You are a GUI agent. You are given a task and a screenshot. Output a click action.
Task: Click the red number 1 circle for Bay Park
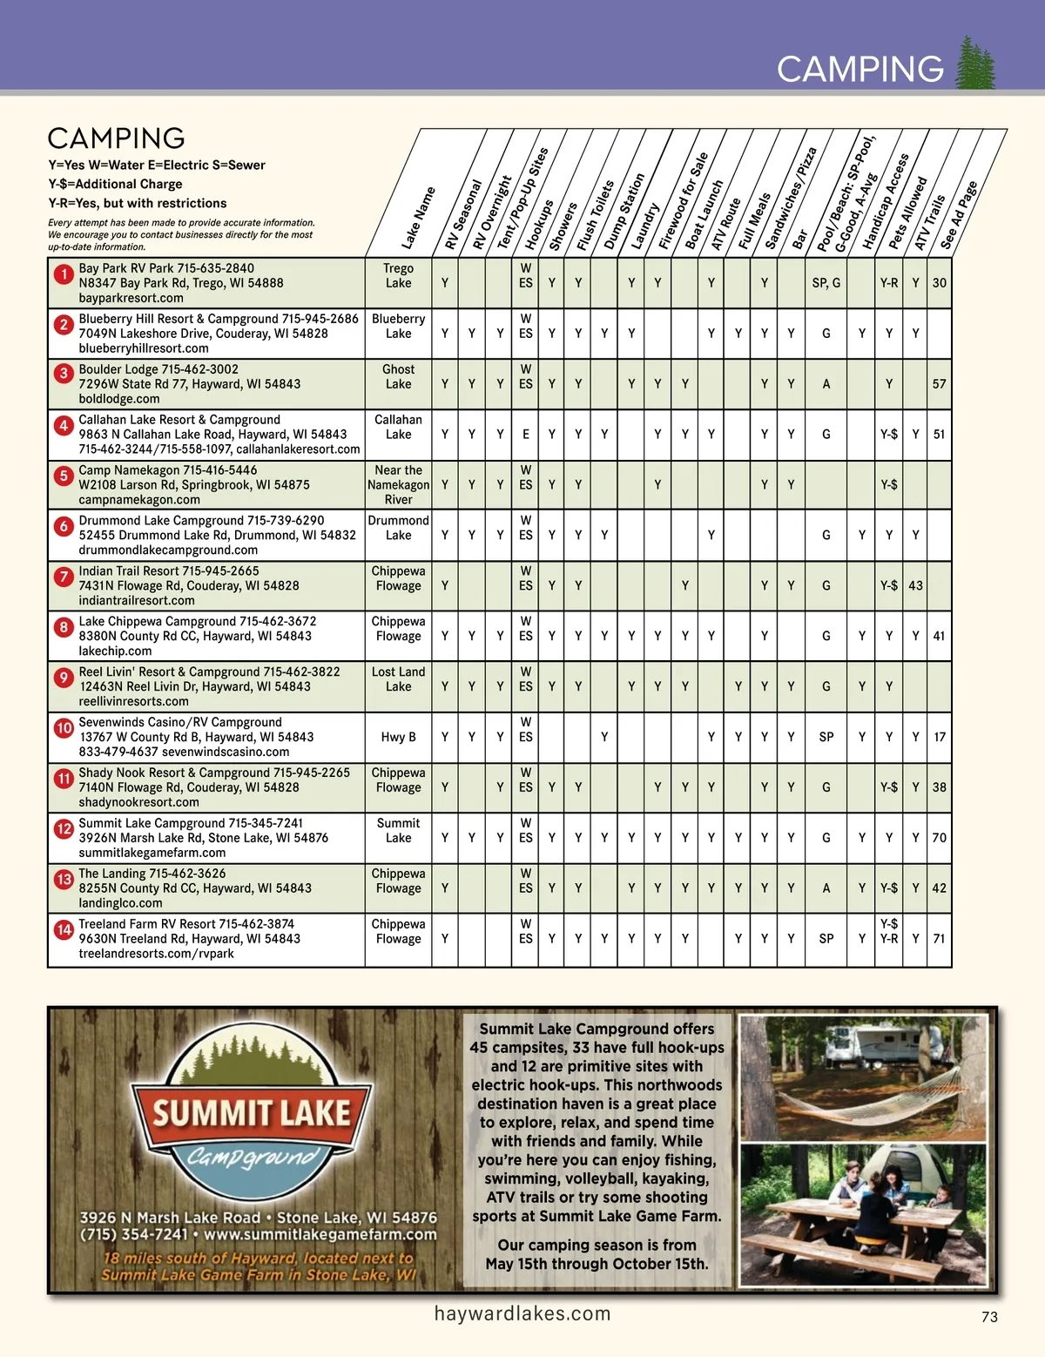pos(63,274)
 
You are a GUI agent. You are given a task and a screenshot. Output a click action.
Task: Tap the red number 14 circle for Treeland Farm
pos(64,929)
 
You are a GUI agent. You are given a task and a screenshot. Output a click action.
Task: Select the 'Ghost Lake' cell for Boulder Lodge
pos(398,376)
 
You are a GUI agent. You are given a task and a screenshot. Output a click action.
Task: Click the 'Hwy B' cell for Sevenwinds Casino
pos(398,737)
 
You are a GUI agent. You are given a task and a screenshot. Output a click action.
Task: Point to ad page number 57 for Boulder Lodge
pos(939,384)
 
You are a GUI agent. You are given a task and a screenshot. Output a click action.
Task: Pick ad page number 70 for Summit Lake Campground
pos(939,838)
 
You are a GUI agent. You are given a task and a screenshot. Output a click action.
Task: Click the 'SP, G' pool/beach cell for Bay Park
pos(826,283)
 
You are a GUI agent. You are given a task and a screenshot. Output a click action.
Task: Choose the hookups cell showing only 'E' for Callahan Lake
pos(526,435)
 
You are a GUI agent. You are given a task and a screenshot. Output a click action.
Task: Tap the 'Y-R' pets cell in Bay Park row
pos(888,283)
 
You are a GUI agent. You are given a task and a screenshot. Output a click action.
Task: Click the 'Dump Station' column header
pos(624,212)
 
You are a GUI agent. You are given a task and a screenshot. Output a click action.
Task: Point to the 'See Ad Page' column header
pos(959,215)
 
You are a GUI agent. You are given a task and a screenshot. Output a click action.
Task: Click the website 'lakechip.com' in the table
pos(115,651)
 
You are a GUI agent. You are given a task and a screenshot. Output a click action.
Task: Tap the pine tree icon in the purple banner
pos(976,63)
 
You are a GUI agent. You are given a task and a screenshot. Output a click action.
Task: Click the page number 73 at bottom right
pos(989,1317)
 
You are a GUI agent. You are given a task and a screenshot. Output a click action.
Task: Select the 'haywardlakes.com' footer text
pos(522,1313)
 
